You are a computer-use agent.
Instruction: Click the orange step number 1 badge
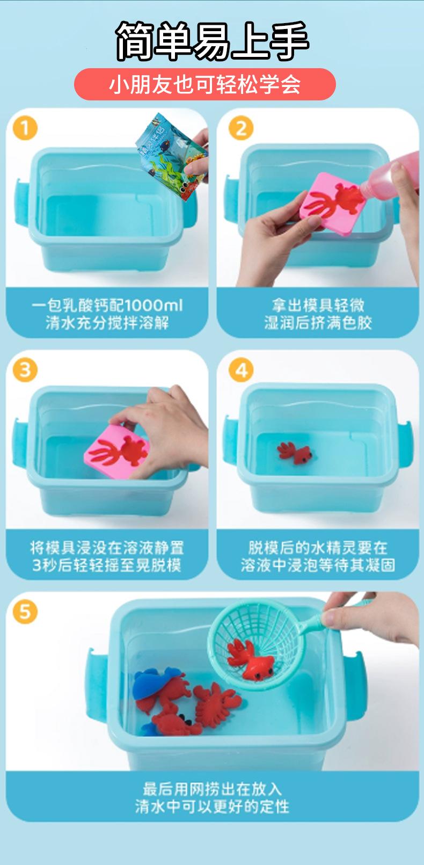pos(25,128)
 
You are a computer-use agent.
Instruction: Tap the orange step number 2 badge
pos(241,128)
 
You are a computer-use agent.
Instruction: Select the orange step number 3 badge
pos(25,369)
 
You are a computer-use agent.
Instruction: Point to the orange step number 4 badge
pos(241,369)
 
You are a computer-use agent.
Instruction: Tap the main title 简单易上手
pos(212,41)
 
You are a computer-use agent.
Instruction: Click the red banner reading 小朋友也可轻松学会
pos(204,84)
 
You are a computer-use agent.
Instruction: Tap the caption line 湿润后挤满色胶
pos(318,323)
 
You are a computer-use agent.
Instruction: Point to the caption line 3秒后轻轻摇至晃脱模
pos(107,565)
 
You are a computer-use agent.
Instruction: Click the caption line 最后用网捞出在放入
pos(212,789)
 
